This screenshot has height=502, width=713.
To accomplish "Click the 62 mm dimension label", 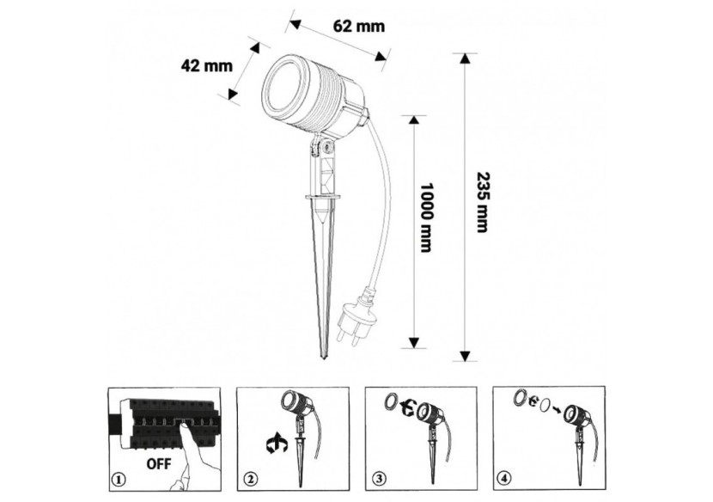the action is coord(359,27).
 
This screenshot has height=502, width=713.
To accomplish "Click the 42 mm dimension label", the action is coord(207,66).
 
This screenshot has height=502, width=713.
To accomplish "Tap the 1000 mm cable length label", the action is coord(425,217).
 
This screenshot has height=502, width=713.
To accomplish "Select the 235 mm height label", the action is coord(482,202).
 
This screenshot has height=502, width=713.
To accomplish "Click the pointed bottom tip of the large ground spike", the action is coord(323,358).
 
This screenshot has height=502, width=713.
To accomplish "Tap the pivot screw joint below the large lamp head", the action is coord(326,146).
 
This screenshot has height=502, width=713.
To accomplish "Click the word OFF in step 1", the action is coord(159,464).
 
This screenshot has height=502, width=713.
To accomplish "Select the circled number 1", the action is coord(119,480).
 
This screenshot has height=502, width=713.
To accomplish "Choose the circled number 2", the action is coord(251,480).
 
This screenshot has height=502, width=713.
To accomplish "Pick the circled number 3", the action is coord(379,479).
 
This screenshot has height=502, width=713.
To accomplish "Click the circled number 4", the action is coord(506,478).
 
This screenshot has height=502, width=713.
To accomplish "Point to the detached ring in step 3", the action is coord(390,402).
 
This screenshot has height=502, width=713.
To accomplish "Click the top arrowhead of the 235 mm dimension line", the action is coord(464,58).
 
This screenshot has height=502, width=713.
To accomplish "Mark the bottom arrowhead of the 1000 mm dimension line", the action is coord(414,343).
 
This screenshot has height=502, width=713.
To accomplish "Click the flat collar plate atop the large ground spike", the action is coord(323,197).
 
